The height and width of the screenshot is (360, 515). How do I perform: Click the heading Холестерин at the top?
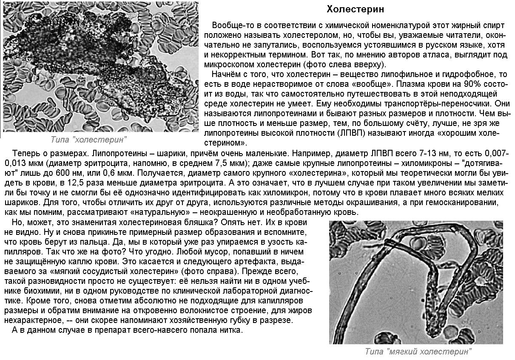[x=356, y=9]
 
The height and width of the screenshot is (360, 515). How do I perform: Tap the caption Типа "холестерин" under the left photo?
[x=88, y=139]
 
